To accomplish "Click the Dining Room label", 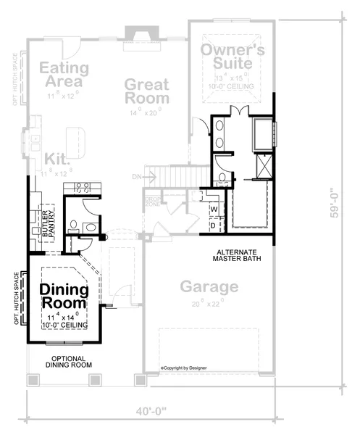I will [x=64, y=297].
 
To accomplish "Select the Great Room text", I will [x=146, y=91].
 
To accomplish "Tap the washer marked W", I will [x=213, y=210].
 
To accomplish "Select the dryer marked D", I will [x=213, y=225].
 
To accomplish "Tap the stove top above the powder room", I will [x=81, y=188].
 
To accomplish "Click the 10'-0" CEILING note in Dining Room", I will [x=65, y=326].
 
